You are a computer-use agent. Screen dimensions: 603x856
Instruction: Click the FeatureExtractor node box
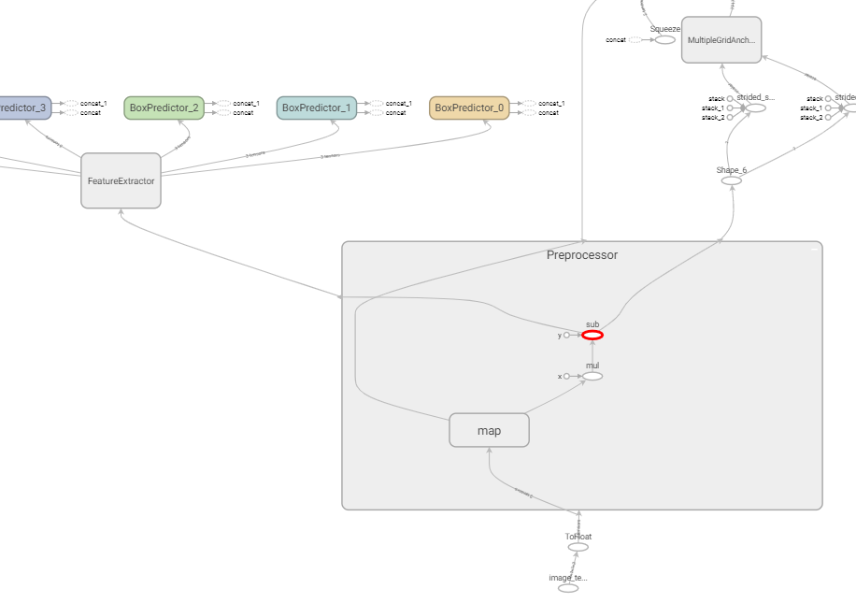[121, 180]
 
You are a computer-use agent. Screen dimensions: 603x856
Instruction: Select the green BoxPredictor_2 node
[164, 108]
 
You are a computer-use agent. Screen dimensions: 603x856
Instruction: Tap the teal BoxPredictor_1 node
[316, 108]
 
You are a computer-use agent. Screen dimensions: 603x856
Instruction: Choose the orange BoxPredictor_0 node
[469, 108]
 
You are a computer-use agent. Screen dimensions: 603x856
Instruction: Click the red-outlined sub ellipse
[592, 335]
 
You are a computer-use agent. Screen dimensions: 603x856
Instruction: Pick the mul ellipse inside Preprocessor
[592, 376]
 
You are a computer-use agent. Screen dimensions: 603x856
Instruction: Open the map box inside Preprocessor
[489, 430]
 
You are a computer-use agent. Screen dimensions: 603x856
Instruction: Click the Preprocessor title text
[581, 254]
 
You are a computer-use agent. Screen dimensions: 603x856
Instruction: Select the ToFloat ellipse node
[578, 547]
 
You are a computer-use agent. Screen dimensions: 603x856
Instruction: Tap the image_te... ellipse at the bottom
[568, 588]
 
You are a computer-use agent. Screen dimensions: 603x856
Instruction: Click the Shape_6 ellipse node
[732, 180]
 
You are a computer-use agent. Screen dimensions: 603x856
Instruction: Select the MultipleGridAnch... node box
[720, 40]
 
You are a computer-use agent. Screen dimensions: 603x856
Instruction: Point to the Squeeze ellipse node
[664, 39]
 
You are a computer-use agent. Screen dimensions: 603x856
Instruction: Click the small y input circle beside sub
[566, 335]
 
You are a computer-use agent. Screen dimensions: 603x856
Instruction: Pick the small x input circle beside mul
[566, 376]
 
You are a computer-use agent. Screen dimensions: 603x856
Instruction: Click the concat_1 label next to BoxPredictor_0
[551, 103]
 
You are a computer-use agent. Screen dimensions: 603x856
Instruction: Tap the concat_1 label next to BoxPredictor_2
[246, 103]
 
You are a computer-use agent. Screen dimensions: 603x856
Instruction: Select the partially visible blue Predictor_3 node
[22, 108]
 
